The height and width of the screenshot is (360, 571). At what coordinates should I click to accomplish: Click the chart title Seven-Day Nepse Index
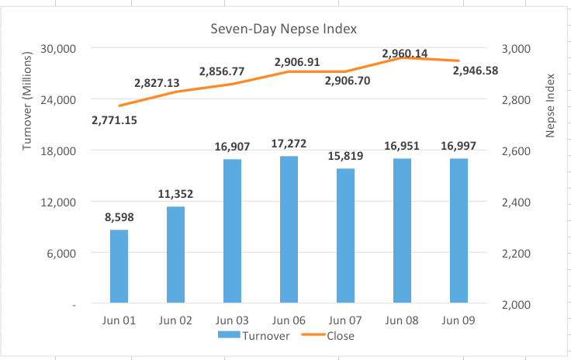(x=284, y=29)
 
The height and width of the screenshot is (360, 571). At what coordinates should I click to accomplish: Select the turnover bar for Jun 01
(x=119, y=266)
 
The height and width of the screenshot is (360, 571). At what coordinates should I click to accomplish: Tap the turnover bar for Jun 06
(x=289, y=230)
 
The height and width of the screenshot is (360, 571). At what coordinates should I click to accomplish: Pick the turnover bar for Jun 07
(x=345, y=236)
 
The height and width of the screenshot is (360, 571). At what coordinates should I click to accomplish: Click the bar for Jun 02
(x=175, y=254)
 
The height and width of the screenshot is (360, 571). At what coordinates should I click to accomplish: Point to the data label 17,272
(x=289, y=144)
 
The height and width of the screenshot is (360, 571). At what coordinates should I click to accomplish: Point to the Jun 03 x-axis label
(x=232, y=320)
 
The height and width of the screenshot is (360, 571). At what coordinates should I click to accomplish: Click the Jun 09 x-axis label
(x=459, y=320)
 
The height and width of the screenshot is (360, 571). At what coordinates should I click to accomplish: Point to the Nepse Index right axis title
(x=551, y=106)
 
